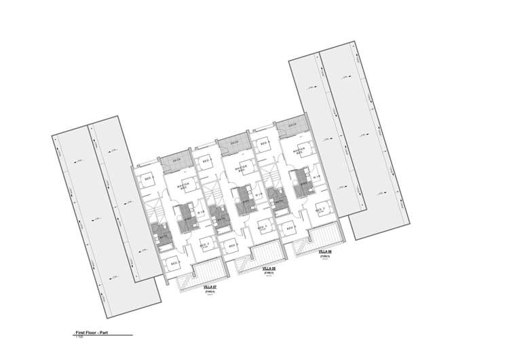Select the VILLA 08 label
269,269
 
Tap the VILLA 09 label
324,251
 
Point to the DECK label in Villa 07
176,160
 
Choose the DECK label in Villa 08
234,143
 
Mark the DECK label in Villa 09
293,125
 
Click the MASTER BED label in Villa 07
183,186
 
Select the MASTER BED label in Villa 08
240,168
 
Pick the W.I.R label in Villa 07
201,213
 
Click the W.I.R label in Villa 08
259,196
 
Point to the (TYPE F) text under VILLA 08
269,274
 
